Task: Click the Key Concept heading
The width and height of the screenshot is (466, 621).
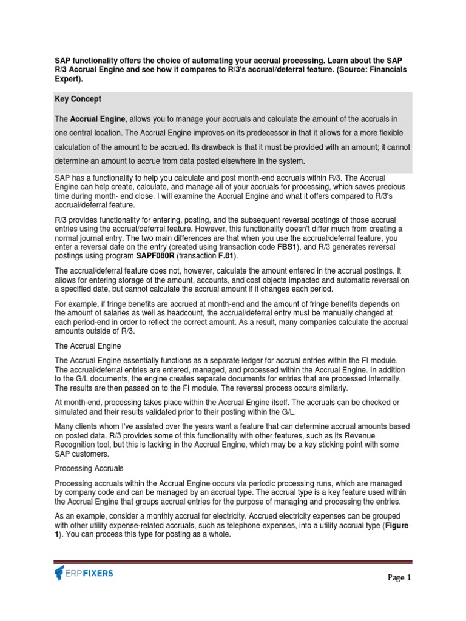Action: tap(78, 99)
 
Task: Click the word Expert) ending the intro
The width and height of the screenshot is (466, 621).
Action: tap(67, 79)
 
